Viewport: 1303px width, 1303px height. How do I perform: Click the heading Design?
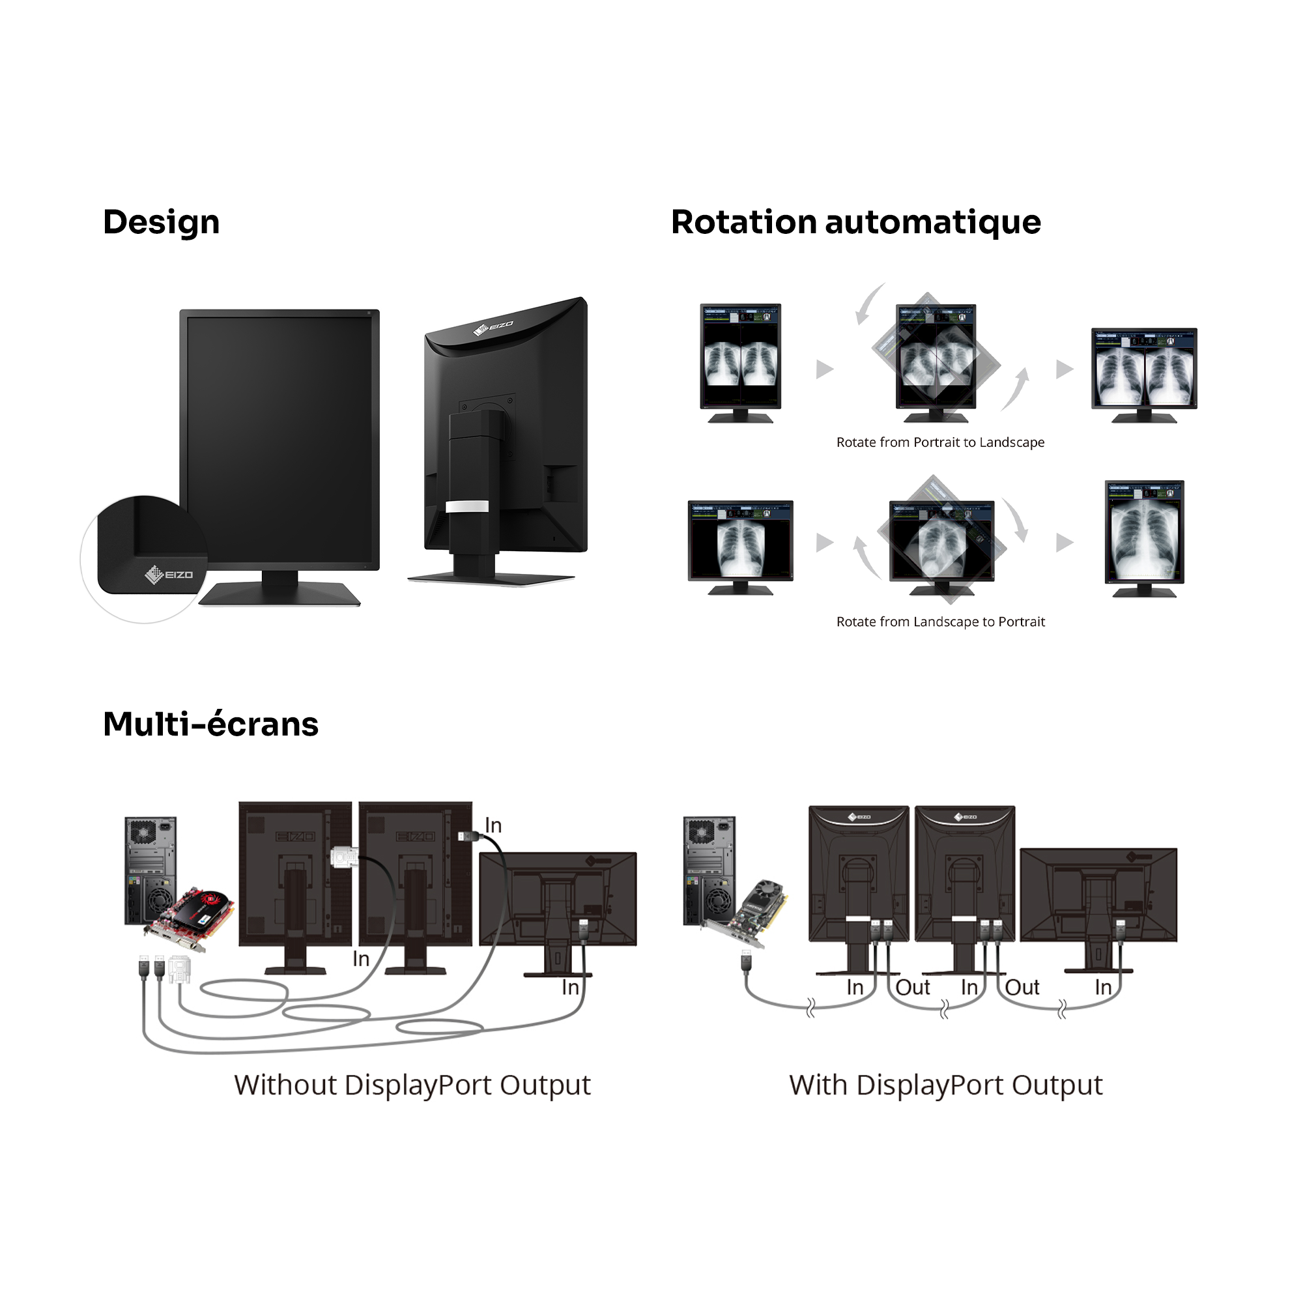161,223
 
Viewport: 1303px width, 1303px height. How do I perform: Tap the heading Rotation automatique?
855,223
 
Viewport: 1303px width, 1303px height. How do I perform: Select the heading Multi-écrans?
210,724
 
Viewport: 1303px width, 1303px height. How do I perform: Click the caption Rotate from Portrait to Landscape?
939,442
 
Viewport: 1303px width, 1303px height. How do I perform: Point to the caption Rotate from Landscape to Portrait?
940,622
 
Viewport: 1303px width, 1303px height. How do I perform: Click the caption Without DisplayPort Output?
412,1085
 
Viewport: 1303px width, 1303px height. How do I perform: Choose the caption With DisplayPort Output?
945,1085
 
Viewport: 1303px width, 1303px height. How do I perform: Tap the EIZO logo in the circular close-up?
169,575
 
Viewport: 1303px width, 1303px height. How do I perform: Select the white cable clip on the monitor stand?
466,506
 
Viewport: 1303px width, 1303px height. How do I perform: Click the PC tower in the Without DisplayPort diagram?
150,869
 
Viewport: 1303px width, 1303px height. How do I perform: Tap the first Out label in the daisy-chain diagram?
913,988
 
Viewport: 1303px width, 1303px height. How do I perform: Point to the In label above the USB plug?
493,825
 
